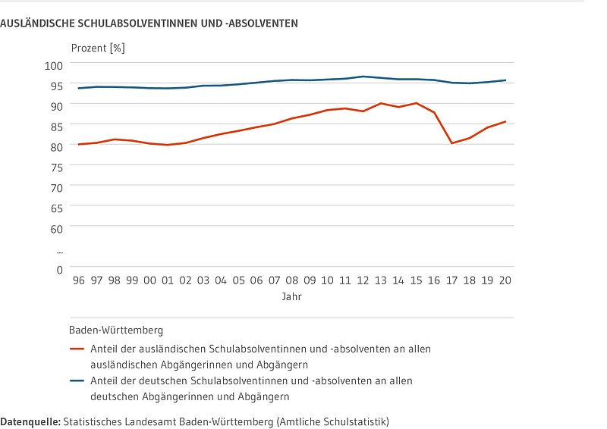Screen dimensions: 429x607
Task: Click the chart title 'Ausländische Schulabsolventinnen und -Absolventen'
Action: pyautogui.click(x=149, y=23)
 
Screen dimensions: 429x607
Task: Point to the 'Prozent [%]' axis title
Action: pyautogui.click(x=98, y=48)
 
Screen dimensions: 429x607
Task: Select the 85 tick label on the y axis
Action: pyautogui.click(x=55, y=126)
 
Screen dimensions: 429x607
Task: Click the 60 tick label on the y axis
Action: pyautogui.click(x=55, y=227)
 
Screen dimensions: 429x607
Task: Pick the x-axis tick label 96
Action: pyautogui.click(x=78, y=280)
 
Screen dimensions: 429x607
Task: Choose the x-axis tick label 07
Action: pyautogui.click(x=274, y=280)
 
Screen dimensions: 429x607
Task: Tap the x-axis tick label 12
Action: pyautogui.click(x=363, y=280)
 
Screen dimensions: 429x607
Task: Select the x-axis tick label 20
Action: pyautogui.click(x=505, y=280)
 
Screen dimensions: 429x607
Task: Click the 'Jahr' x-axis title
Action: pyautogui.click(x=291, y=297)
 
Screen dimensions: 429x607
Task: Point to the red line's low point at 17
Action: pyautogui.click(x=451, y=143)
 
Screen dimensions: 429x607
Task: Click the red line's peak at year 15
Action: pyautogui.click(x=416, y=103)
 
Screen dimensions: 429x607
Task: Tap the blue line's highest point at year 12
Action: pyautogui.click(x=363, y=77)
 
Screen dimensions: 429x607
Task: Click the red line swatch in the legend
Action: pyautogui.click(x=76, y=349)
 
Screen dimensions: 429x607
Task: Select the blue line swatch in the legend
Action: pyautogui.click(x=76, y=380)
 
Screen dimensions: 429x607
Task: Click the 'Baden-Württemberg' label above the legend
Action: pyautogui.click(x=116, y=330)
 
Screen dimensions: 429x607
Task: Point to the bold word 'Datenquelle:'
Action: pyautogui.click(x=30, y=420)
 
